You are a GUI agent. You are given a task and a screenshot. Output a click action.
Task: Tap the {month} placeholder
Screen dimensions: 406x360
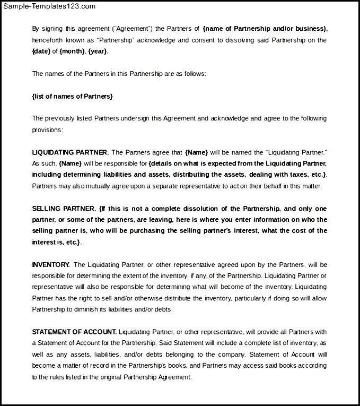pyautogui.click(x=71, y=51)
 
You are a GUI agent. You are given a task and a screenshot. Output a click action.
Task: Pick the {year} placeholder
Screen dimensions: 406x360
pyautogui.click(x=98, y=51)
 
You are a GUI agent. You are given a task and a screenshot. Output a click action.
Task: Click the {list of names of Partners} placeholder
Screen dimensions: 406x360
pyautogui.click(x=72, y=96)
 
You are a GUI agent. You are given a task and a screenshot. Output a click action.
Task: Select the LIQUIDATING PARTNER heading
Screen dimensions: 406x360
pyautogui.click(x=71, y=152)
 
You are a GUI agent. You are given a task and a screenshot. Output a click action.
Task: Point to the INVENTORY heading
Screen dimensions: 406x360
pyautogui.click(x=51, y=264)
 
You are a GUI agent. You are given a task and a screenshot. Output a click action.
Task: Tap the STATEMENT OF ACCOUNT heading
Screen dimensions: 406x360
pyautogui.click(x=74, y=332)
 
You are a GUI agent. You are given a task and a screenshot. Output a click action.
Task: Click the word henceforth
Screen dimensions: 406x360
pyautogui.click(x=48, y=40)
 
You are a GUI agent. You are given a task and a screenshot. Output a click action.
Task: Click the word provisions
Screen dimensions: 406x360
pyautogui.click(x=47, y=129)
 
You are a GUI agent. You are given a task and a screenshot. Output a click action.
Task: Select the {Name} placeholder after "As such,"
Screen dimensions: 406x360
pyautogui.click(x=69, y=163)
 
